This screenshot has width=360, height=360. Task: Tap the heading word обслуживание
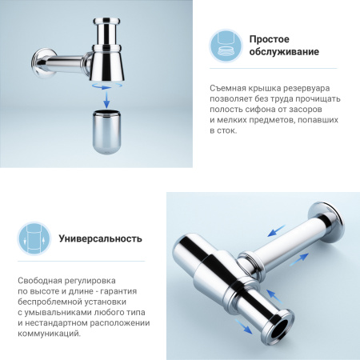pos(284,52)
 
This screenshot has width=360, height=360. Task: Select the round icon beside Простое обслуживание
pos(226,45)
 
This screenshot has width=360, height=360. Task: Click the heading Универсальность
pos(101,238)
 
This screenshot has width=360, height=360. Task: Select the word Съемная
pos(231,87)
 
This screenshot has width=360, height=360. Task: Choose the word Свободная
pos(41,280)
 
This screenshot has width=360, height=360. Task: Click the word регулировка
pos(102,280)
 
